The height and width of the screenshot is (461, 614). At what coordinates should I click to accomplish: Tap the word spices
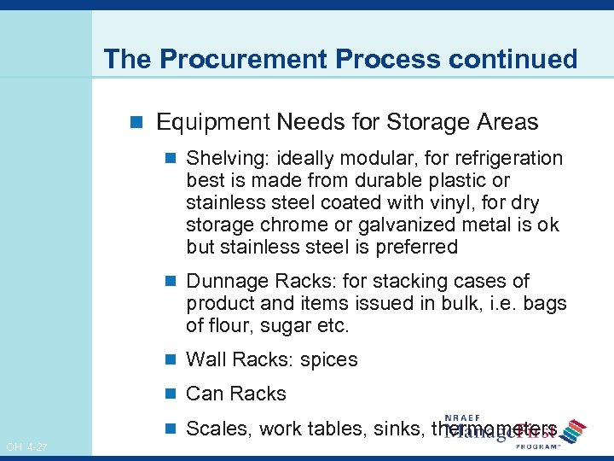(329, 360)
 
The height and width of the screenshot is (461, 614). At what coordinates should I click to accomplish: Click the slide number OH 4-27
(26, 447)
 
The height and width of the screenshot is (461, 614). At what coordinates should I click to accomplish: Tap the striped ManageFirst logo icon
(575, 430)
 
